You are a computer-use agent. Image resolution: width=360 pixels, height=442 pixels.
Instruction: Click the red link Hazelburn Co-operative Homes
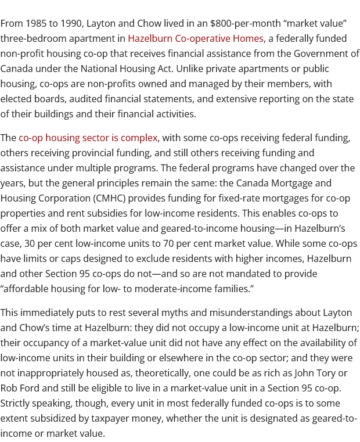[x=196, y=38]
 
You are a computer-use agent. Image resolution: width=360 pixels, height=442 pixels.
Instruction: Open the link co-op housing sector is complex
[x=88, y=138]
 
